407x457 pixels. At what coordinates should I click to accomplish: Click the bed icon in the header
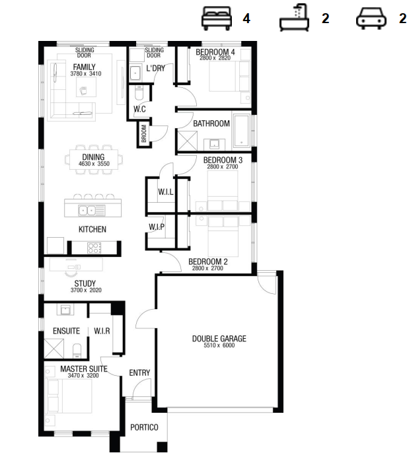pos(217,18)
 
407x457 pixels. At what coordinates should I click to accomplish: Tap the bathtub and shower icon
pos(294,18)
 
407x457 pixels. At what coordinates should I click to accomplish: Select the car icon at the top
pos(371,18)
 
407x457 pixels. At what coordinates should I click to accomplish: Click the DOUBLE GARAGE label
pos(219,338)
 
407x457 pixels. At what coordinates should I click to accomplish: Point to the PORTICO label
pos(144,427)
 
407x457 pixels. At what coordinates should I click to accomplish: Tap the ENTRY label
pos(139,372)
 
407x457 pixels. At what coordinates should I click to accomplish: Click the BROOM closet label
pos(144,133)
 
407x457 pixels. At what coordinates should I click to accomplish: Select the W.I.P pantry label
pos(157,227)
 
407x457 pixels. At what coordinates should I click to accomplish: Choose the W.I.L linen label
pos(166,192)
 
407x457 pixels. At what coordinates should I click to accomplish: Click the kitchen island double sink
pos(91,210)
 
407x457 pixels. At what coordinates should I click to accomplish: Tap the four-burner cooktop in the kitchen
pos(94,248)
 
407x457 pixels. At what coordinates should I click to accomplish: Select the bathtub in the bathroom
pos(242,130)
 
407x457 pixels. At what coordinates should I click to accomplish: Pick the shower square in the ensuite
pos(54,348)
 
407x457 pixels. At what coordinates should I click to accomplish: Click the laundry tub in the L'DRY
pos(135,73)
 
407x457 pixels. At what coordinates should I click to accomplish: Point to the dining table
pos(94,159)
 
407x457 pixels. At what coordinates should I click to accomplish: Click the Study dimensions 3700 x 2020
pos(86,290)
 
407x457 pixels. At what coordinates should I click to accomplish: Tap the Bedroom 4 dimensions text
pos(215,57)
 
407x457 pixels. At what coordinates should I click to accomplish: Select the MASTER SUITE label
pos(84,369)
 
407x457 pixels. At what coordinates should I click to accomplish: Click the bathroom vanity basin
pos(214,144)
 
